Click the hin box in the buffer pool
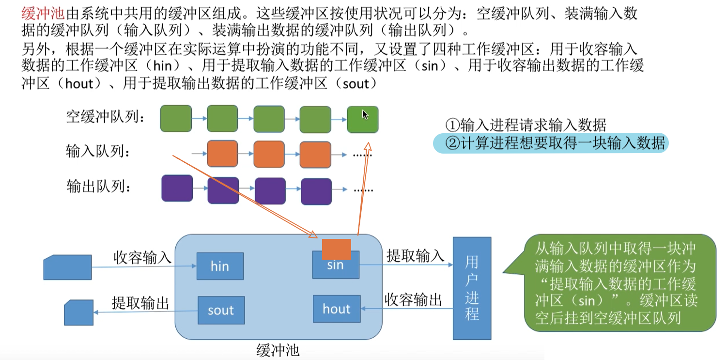pos(219,266)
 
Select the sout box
pos(221,311)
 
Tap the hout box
pos(336,309)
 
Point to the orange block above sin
pos(336,249)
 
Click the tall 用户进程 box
pos(472,288)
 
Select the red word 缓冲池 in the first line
pos(43,14)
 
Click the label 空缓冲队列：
pos(106,117)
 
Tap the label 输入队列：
pos(98,153)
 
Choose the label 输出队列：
pos(98,187)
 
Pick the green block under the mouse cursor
pos(362,120)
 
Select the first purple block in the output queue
pos(177,188)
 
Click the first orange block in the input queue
pos(222,154)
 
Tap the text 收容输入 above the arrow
pos(142,257)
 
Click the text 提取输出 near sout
pos(140,303)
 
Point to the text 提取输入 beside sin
pos(415,255)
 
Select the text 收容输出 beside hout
pos(413,300)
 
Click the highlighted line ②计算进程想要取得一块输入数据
pos(550,143)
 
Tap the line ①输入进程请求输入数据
pos(526,125)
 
